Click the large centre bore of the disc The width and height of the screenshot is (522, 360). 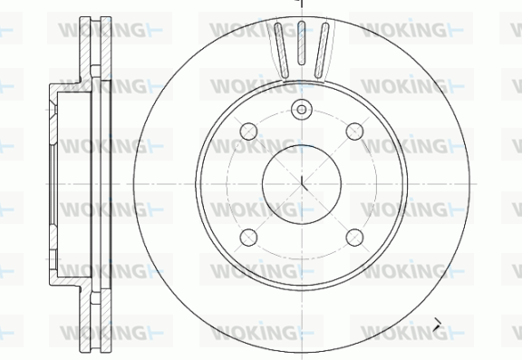click(x=302, y=184)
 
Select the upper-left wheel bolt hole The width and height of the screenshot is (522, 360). click(x=248, y=131)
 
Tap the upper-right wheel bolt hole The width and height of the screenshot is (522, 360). click(x=354, y=131)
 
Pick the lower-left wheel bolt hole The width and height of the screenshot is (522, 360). click(x=248, y=238)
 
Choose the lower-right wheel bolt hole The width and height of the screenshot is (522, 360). click(x=354, y=238)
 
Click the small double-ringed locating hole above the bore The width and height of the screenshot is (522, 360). click(x=302, y=109)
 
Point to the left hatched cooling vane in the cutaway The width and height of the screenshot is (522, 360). click(x=281, y=50)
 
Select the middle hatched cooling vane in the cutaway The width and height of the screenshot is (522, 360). click(x=301, y=43)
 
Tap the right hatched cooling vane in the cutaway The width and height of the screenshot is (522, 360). click(x=322, y=50)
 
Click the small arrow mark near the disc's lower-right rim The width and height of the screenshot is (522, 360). click(x=437, y=325)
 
